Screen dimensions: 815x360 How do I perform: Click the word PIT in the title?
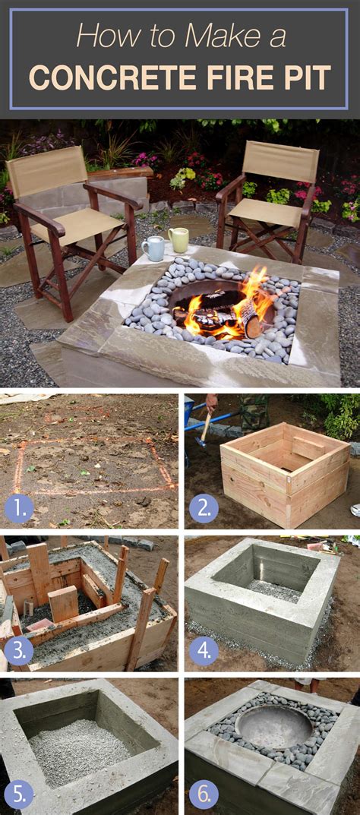tap(307, 77)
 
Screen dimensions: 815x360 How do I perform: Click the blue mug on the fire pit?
tap(153, 248)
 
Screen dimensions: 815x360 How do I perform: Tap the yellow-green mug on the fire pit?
tap(178, 239)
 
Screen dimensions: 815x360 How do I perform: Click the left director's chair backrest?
tap(47, 171)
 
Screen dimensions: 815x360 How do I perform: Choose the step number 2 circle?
tap(203, 506)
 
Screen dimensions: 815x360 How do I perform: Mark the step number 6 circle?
tap(203, 794)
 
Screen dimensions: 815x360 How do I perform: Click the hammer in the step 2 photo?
tap(204, 429)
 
